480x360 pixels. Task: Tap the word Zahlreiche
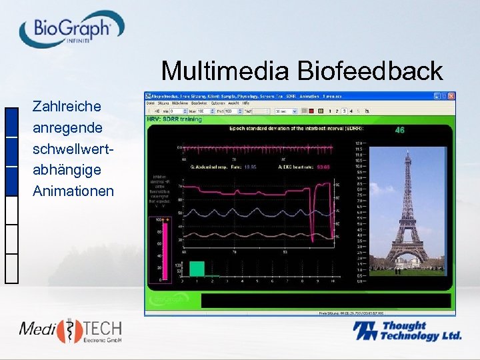pos(67,106)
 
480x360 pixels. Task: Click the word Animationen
pos(73,191)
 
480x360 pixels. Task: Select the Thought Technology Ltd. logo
pos(407,331)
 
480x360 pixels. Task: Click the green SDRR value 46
pos(400,130)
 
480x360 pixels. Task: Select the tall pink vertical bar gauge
pos(160,251)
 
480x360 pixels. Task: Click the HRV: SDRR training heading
pos(174,119)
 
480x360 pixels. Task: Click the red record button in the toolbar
pos(312,111)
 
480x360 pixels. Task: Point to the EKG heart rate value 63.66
pos(323,167)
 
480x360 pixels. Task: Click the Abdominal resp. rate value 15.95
pos(251,167)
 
